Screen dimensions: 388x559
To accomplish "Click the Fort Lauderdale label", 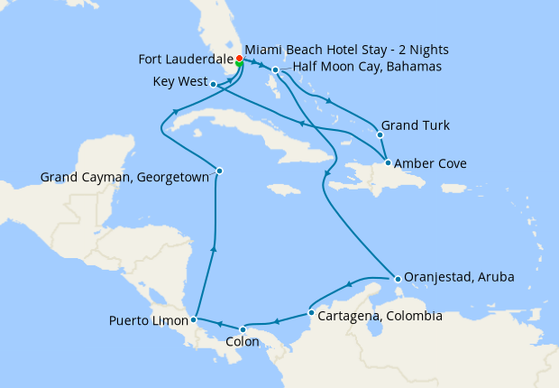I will point(185,60).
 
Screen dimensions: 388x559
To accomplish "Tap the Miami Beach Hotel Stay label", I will point(347,48).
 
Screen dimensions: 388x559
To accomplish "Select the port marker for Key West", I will point(213,85).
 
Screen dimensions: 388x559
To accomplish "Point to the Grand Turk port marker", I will point(380,134).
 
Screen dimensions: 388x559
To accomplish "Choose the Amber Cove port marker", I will point(387,163).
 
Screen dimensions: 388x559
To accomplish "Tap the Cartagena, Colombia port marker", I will point(311,314).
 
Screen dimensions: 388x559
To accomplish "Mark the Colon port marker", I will point(242,329).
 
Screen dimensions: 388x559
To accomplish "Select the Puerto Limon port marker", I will point(194,319).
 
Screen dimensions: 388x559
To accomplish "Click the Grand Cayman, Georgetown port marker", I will point(219,171).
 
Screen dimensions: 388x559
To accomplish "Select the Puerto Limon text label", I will point(148,320).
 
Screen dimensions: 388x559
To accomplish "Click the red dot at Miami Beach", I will point(239,58).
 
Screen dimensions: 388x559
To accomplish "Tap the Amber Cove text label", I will point(430,163).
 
